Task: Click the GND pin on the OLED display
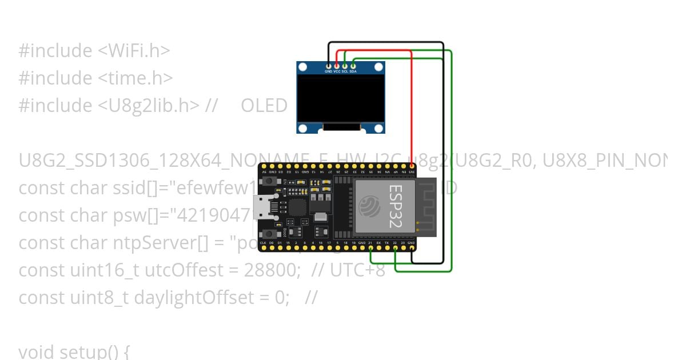[328, 66]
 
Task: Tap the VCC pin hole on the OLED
[337, 66]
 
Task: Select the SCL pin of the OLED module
[345, 66]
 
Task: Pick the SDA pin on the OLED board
[353, 66]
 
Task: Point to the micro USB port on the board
[264, 206]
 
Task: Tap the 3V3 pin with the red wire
[412, 166]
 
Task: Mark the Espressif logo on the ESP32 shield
[369, 206]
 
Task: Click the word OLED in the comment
[264, 106]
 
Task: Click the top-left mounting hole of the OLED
[303, 68]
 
